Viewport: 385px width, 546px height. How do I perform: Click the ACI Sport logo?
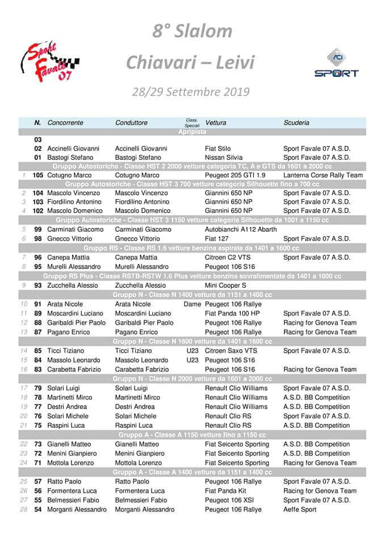(336, 63)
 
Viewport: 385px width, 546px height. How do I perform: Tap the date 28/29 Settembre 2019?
(191, 92)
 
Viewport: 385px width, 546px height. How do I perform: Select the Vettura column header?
(216, 122)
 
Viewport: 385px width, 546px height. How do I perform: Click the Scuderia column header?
(296, 122)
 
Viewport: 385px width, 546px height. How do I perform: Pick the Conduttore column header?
(131, 122)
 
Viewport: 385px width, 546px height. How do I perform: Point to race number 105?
(38, 175)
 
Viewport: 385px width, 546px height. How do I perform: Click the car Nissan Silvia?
(225, 157)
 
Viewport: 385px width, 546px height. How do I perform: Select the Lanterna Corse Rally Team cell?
(323, 175)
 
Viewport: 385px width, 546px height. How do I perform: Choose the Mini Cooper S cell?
(225, 286)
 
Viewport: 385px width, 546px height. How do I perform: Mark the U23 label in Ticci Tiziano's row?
(192, 351)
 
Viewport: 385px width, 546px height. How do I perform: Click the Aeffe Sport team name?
(300, 510)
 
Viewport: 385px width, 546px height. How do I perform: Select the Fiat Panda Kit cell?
(225, 491)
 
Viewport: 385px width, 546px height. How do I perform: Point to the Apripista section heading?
(192, 131)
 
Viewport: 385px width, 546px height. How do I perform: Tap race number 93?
(38, 286)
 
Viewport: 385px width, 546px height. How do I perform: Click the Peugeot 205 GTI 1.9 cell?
(235, 175)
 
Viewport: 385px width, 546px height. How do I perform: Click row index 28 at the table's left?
(24, 510)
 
